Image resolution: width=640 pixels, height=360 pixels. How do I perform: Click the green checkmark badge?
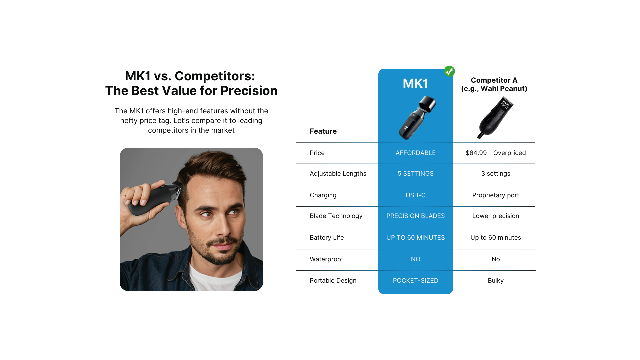point(449,71)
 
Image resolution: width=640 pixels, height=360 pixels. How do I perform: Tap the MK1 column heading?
point(415,83)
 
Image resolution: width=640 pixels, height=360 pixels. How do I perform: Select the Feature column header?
point(323,131)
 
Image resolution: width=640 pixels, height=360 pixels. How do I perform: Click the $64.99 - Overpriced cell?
point(496,153)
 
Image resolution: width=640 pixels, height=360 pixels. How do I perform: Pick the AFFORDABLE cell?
point(415,153)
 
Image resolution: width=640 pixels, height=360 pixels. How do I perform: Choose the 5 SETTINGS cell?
point(415,174)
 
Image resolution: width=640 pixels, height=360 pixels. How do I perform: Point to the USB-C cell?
point(415,195)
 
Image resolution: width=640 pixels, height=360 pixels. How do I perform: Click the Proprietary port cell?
point(496,195)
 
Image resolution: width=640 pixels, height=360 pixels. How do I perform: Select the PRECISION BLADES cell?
point(415,216)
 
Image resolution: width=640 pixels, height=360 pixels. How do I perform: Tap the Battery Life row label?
point(327,238)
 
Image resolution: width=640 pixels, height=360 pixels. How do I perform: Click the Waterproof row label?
point(326,259)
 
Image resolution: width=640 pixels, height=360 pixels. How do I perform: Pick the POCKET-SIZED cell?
point(415,281)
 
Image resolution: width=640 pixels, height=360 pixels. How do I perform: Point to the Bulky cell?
point(496,281)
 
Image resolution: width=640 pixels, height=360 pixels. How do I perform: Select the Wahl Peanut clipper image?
point(495,117)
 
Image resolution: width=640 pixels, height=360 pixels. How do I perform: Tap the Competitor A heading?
point(494,80)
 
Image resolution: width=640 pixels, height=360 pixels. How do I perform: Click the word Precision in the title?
point(249,91)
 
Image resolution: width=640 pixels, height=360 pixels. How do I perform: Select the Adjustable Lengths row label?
point(338,174)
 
